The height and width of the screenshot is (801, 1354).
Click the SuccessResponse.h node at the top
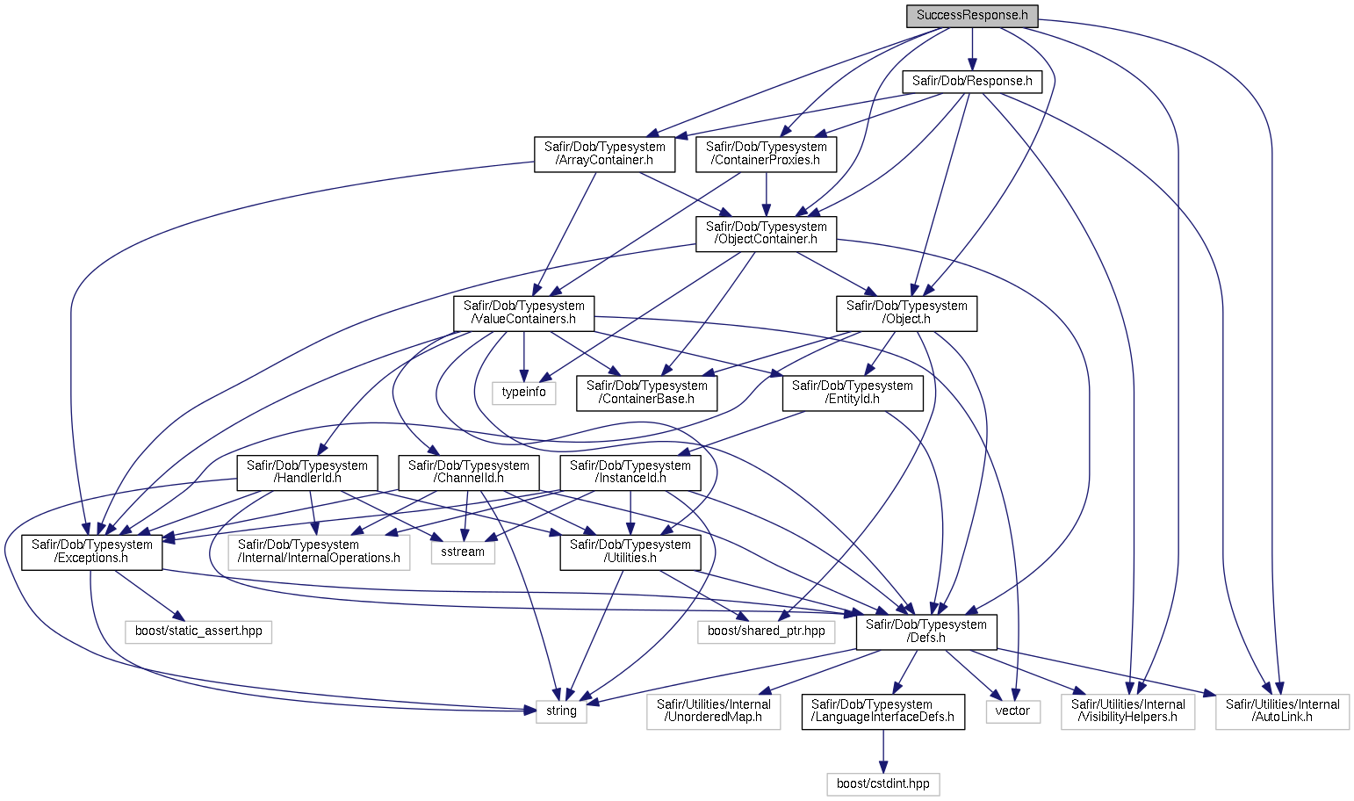pos(972,16)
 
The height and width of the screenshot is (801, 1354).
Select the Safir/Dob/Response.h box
pos(972,82)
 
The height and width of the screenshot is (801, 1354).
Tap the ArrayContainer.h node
pos(604,155)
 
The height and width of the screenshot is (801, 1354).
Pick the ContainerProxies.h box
pos(766,155)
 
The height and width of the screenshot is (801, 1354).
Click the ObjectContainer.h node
pos(766,234)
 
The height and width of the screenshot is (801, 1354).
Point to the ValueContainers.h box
pos(524,314)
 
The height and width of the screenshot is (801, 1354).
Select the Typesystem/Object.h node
pos(907,314)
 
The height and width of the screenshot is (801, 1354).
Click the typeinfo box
pos(523,393)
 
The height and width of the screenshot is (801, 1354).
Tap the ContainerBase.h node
pos(647,393)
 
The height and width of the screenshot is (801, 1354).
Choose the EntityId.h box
pos(853,393)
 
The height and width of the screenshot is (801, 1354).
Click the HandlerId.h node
pos(307,473)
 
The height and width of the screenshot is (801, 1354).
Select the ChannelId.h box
pos(469,473)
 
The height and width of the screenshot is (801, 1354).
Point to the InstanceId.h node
pos(630,473)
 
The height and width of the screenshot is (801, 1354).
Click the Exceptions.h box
pos(92,552)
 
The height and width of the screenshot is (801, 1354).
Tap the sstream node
pos(463,552)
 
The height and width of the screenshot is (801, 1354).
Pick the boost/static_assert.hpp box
pos(198,632)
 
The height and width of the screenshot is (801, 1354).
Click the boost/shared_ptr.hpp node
pos(766,632)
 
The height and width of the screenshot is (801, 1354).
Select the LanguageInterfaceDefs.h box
pos(883,711)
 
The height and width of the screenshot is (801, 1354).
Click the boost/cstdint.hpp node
pos(883,784)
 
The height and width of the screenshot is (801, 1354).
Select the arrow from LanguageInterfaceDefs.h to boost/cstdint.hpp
pos(883,752)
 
